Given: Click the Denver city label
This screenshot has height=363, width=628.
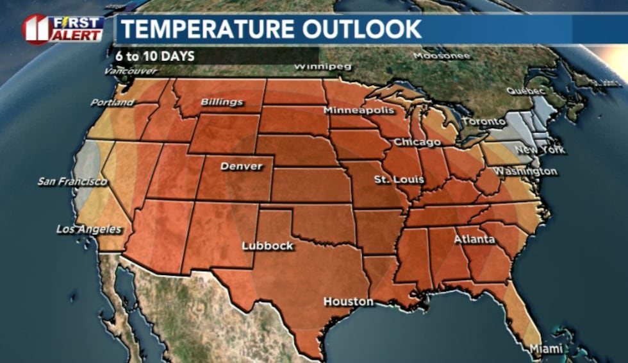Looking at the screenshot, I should pyautogui.click(x=242, y=167).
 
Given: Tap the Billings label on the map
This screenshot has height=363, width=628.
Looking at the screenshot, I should pyautogui.click(x=222, y=102).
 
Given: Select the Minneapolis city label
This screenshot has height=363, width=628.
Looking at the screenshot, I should pyautogui.click(x=359, y=110).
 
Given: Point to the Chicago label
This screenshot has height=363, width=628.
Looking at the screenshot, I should pyautogui.click(x=417, y=142).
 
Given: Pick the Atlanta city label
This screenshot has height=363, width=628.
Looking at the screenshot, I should pyautogui.click(x=474, y=239).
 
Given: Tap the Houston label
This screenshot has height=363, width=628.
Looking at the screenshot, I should pyautogui.click(x=348, y=301).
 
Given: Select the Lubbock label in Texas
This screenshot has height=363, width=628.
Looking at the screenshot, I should pyautogui.click(x=267, y=246).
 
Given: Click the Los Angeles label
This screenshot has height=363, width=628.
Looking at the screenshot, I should pyautogui.click(x=89, y=229).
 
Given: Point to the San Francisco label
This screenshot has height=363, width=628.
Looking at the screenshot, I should pyautogui.click(x=72, y=181).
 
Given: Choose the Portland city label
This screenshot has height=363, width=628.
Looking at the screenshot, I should pyautogui.click(x=112, y=103).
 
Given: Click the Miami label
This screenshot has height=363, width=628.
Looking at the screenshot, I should pyautogui.click(x=546, y=349).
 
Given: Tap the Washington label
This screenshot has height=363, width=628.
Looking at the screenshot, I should pyautogui.click(x=525, y=171).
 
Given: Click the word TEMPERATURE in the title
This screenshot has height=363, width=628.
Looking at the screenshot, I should pyautogui.click(x=207, y=29).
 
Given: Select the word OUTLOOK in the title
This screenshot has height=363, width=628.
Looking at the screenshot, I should pyautogui.click(x=361, y=29).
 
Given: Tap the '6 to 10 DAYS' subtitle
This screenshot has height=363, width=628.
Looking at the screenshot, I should pyautogui.click(x=155, y=56).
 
